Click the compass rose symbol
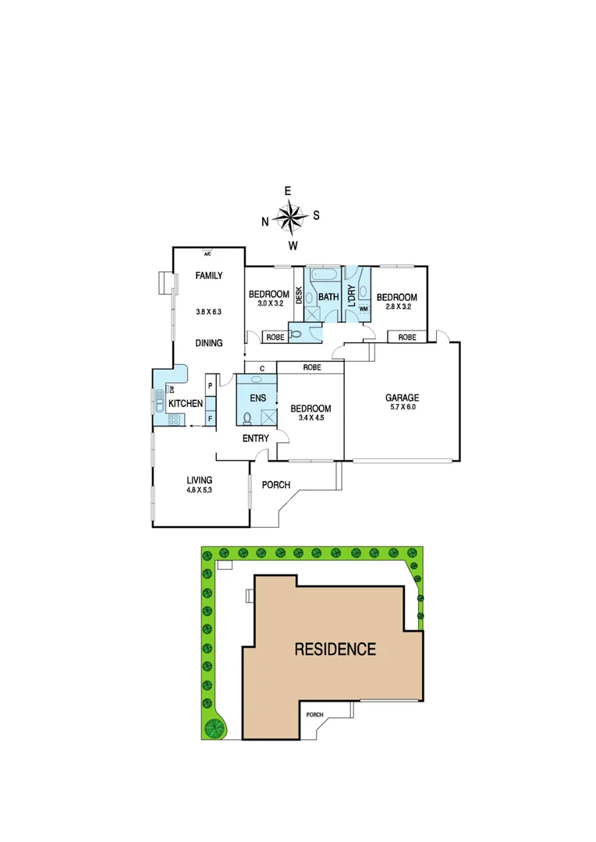point(290,218)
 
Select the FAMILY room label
point(209,275)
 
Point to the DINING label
point(209,342)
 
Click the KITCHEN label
point(186,403)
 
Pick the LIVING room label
point(200,479)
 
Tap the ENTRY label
point(255,439)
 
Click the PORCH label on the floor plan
point(276,485)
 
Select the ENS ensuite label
point(256,398)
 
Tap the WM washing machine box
point(363,309)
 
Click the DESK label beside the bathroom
point(298,295)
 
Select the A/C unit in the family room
point(208,253)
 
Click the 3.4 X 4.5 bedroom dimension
point(311,419)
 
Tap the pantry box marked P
point(210,386)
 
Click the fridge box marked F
point(210,419)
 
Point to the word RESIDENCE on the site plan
point(335,649)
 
